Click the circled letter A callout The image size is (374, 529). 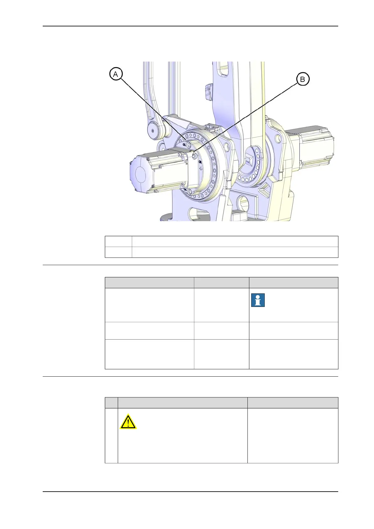coord(116,74)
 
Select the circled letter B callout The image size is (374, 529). coord(302,79)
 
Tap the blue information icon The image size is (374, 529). coord(258,300)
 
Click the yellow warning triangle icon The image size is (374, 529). coord(128,422)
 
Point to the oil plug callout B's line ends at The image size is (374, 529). coord(195,155)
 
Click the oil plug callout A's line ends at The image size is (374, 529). coord(189,144)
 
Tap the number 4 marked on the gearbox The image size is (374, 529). coord(201,169)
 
